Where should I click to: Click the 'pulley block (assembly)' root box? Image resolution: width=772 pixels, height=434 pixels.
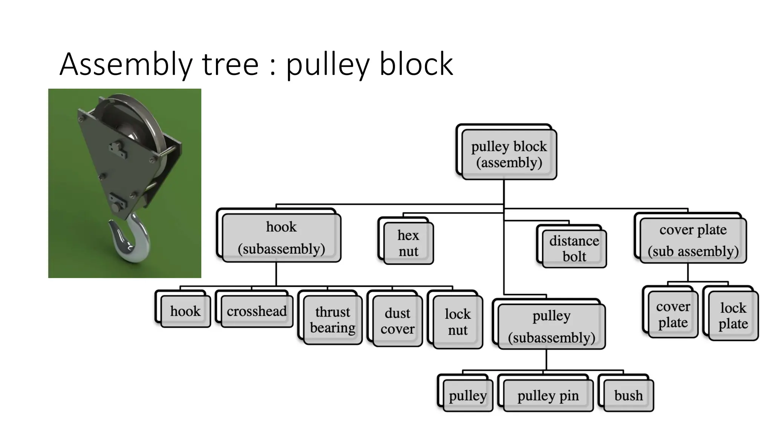pyautogui.click(x=509, y=154)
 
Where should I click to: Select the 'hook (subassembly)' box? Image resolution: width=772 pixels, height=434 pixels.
pyautogui.click(x=281, y=238)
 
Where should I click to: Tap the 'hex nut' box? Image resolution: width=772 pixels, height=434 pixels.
pyautogui.click(x=408, y=243)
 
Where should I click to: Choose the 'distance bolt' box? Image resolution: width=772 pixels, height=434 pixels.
pyautogui.click(x=574, y=248)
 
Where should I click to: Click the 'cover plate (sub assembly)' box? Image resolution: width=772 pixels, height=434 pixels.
pyautogui.click(x=693, y=240)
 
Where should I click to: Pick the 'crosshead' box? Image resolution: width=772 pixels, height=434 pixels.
pyautogui.click(x=257, y=311)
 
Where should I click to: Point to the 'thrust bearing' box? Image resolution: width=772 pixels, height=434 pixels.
pyautogui.click(x=332, y=319)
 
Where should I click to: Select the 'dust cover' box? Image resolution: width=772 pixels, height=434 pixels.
pyautogui.click(x=397, y=321)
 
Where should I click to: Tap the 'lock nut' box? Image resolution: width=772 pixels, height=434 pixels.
pyautogui.click(x=458, y=322)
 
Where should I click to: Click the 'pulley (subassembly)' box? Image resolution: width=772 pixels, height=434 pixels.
pyautogui.click(x=551, y=326)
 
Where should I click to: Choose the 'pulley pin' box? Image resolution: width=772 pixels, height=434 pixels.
pyautogui.click(x=548, y=395)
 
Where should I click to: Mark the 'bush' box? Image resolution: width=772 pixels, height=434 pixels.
pyautogui.click(x=628, y=395)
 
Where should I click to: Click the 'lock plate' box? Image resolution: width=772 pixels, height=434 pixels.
pyautogui.click(x=733, y=316)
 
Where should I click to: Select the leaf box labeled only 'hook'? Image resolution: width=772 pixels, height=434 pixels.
pyautogui.click(x=185, y=311)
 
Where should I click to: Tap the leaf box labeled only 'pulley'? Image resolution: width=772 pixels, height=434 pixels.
pyautogui.click(x=467, y=395)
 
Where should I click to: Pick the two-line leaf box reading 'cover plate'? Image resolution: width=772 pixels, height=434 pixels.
pyautogui.click(x=673, y=315)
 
